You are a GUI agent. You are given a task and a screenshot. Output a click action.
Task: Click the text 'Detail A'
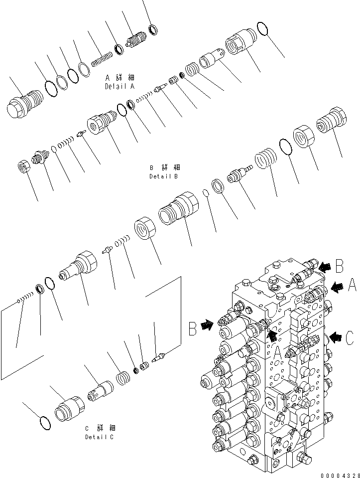(120, 86)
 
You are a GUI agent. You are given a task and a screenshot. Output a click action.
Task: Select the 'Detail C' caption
(100, 437)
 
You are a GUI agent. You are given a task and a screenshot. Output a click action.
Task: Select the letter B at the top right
(340, 266)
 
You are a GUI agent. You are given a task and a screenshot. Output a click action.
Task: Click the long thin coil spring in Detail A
(103, 59)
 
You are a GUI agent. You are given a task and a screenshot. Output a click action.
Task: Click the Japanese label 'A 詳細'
(120, 78)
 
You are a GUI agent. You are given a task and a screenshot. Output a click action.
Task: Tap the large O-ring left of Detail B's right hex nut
(284, 147)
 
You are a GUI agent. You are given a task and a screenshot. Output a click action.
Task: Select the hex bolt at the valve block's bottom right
(301, 459)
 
